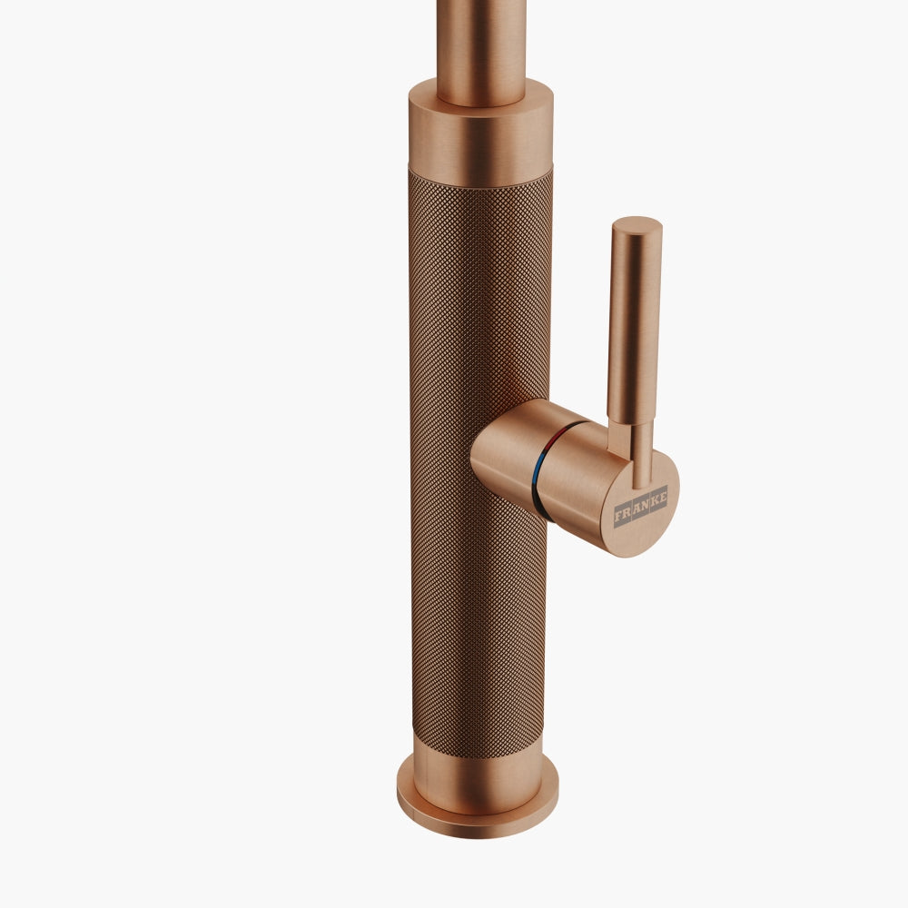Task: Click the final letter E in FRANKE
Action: click(663, 496)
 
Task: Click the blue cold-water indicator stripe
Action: click(539, 477)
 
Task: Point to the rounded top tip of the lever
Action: click(637, 223)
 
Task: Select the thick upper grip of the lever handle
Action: click(634, 318)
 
